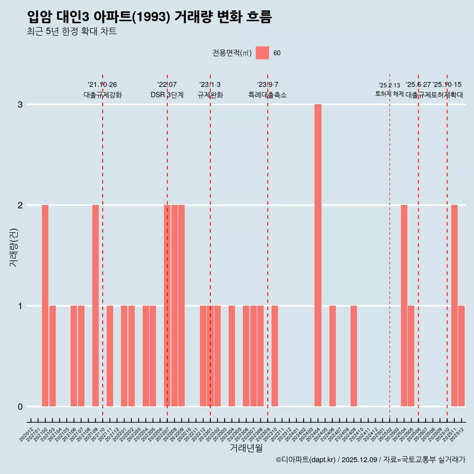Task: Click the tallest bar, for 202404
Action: (318, 255)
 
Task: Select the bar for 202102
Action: (45, 306)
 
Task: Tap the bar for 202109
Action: (95, 306)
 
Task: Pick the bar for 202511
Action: (454, 306)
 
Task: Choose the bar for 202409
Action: (354, 356)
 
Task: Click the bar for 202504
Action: (404, 306)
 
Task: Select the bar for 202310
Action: (275, 356)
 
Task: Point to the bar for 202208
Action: (174, 306)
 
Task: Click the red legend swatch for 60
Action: (262, 53)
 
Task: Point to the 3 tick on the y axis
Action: (20, 105)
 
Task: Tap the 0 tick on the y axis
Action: (20, 407)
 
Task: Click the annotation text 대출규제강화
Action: (103, 95)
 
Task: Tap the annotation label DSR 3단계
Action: (167, 95)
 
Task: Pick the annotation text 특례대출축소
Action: (267, 95)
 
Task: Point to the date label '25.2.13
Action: (390, 85)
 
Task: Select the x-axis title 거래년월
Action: (246, 448)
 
